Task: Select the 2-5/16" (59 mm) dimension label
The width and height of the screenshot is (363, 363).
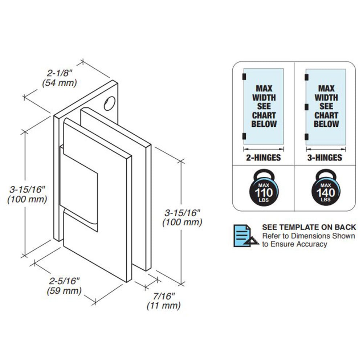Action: click(x=64, y=286)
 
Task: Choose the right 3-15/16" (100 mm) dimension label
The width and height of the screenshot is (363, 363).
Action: click(x=182, y=217)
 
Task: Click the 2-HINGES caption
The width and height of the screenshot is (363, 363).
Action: click(x=263, y=158)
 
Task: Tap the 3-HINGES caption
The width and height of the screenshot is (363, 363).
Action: click(x=325, y=158)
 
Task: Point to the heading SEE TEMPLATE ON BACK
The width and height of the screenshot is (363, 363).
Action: click(x=309, y=227)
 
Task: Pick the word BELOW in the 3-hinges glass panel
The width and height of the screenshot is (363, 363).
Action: click(x=326, y=124)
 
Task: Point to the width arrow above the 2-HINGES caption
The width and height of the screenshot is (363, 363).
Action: click(x=263, y=149)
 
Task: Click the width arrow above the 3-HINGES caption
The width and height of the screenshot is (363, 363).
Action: click(x=326, y=149)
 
